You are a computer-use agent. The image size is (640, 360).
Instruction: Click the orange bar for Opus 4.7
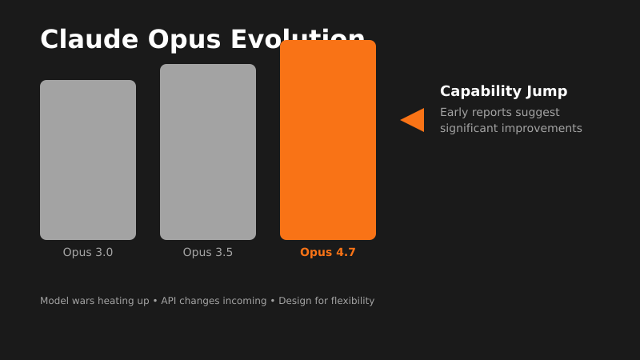pyautogui.click(x=328, y=140)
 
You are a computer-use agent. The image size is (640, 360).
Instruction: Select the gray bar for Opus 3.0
pyautogui.click(x=88, y=160)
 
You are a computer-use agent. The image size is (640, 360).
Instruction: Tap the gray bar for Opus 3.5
pyautogui.click(x=208, y=152)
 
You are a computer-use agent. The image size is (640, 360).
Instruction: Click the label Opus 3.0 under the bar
pyautogui.click(x=88, y=252)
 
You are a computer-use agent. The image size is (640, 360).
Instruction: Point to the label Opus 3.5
pyautogui.click(x=208, y=252)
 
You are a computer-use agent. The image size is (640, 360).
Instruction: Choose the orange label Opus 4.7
pyautogui.click(x=328, y=252)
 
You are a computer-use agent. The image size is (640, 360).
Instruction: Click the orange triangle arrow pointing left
pyautogui.click(x=414, y=120)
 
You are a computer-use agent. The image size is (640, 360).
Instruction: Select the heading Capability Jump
pyautogui.click(x=503, y=91)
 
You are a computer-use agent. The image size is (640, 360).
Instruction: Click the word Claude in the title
pyautogui.click(x=89, y=39)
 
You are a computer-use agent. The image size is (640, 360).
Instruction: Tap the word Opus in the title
pyautogui.click(x=184, y=39)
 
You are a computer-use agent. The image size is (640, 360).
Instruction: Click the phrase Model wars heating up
pyautogui.click(x=94, y=301)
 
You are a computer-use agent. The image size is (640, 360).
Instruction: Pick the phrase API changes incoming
pyautogui.click(x=214, y=301)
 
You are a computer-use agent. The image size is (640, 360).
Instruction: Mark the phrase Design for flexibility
pyautogui.click(x=326, y=301)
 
